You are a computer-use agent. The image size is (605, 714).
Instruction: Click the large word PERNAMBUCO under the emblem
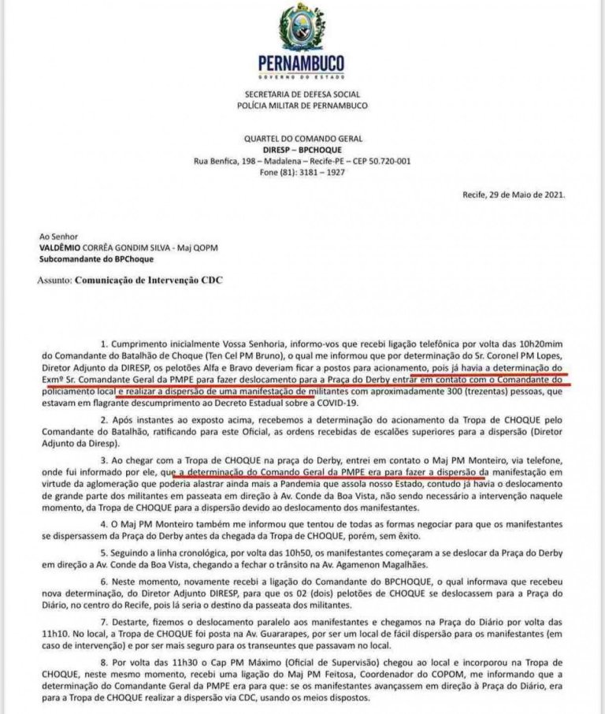301,64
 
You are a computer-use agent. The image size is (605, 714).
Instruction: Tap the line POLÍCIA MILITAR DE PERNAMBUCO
302,105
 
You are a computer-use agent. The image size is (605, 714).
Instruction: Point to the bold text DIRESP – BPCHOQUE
302,147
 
